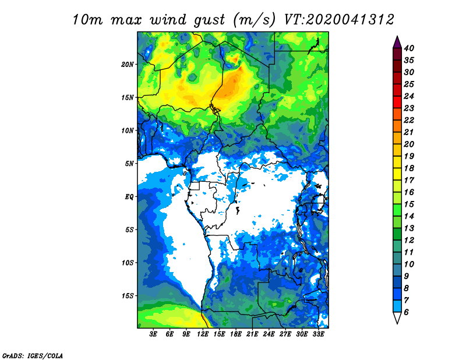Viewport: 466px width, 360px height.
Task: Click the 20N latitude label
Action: click(x=127, y=64)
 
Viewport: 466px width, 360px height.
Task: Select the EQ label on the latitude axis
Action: click(x=129, y=196)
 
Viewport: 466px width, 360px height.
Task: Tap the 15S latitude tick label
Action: click(x=127, y=295)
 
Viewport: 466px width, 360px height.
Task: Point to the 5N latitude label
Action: click(x=129, y=163)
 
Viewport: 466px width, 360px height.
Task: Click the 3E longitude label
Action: click(x=153, y=334)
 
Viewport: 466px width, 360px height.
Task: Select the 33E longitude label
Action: click(x=318, y=334)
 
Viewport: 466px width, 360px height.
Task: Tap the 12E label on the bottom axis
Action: click(x=202, y=334)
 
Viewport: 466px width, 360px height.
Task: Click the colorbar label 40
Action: click(x=409, y=48)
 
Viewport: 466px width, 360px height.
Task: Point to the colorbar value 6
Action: click(x=406, y=312)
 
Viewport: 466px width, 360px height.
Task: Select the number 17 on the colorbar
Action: click(x=409, y=180)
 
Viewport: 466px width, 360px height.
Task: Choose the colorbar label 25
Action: click(x=409, y=84)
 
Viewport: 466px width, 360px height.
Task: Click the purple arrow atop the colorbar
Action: click(x=397, y=43)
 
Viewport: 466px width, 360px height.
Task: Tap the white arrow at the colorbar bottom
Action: click(x=397, y=317)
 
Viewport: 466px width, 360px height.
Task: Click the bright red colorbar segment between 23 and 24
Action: click(x=397, y=102)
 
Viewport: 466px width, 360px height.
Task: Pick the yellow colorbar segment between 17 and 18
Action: click(x=397, y=174)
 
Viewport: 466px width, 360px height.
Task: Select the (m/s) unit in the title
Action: click(x=255, y=20)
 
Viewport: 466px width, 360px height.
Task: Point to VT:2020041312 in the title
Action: click(x=339, y=19)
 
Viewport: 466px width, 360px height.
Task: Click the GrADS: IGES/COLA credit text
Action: click(x=33, y=355)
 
